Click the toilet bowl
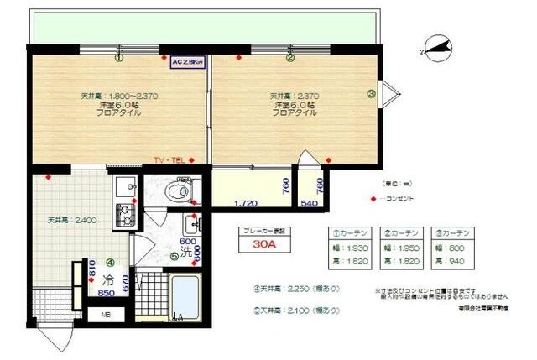click(x=178, y=192)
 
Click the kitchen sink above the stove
click(x=125, y=187)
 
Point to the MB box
click(x=106, y=315)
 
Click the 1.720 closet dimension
click(x=245, y=202)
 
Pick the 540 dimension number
click(x=310, y=202)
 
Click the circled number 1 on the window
click(x=119, y=58)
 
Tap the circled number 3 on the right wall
click(x=371, y=94)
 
